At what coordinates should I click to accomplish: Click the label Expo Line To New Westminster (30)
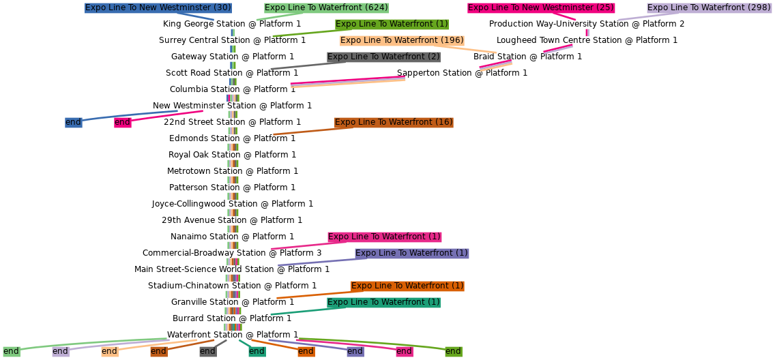coord(158,7)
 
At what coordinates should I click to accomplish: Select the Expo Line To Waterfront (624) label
coord(326,7)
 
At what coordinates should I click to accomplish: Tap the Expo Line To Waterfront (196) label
coord(401,40)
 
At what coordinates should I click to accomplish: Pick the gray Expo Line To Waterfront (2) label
coord(383,57)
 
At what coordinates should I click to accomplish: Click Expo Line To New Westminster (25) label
coord(540,7)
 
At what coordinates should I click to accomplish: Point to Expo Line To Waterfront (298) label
coord(709,7)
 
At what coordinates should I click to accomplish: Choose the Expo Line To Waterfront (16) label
coord(394,122)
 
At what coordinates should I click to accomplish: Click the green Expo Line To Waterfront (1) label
coord(392,24)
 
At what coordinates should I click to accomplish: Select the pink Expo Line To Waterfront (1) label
coord(384,237)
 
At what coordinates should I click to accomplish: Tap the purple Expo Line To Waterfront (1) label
coord(411,253)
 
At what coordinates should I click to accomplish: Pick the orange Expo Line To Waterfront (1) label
coord(407,286)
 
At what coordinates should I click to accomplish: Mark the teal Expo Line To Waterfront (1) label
coord(383,302)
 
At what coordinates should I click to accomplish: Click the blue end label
coord(73,122)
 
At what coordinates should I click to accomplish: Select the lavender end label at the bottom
coord(61,351)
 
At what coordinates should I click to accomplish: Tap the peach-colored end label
coord(110,351)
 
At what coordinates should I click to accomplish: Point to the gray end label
coord(207,351)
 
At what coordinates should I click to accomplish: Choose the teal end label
coord(257,351)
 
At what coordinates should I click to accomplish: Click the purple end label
coord(355,351)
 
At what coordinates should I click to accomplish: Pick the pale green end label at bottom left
coord(11,351)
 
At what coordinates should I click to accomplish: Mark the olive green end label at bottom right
coord(453,351)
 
